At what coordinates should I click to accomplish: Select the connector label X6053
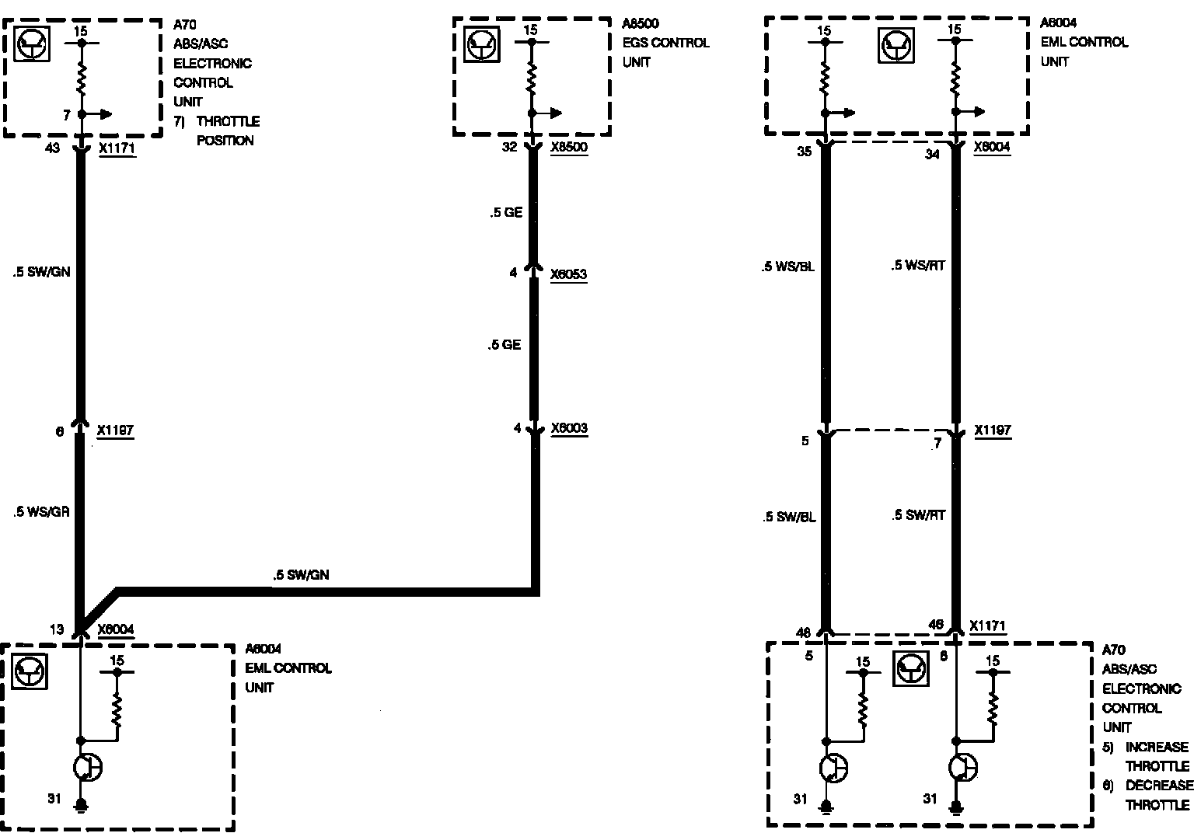(568, 274)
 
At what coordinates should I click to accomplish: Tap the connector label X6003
(569, 428)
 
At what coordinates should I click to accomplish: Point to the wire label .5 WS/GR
(41, 512)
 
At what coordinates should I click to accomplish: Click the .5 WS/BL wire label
(787, 267)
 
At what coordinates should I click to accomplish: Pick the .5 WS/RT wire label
(918, 266)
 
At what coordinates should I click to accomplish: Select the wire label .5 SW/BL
(788, 517)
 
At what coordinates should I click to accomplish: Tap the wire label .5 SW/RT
(919, 515)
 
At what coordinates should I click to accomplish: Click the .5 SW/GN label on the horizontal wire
(301, 575)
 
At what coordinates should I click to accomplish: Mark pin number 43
(53, 148)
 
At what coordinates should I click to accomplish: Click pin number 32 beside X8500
(509, 146)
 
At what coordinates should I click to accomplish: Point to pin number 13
(57, 630)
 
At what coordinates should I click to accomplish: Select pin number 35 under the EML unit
(804, 152)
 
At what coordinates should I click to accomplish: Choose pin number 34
(932, 154)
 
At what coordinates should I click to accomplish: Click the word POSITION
(225, 141)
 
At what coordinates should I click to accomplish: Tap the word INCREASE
(1157, 747)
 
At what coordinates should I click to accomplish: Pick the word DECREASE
(1158, 786)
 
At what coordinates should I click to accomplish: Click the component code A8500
(640, 24)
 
